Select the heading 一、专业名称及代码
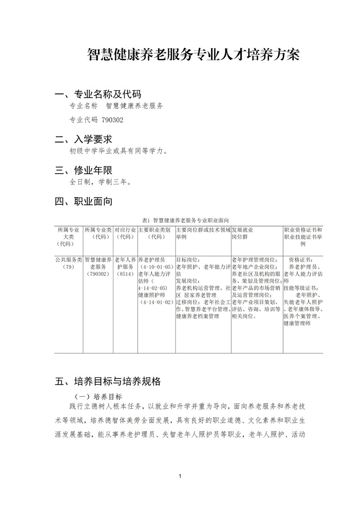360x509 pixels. [98, 95]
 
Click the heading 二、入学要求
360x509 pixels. [83, 139]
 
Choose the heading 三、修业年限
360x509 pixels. [83, 171]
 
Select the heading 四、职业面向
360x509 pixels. [83, 202]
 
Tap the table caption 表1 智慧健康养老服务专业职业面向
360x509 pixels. [185, 221]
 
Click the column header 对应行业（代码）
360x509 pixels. [125, 233]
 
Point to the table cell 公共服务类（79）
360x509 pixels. [68, 263]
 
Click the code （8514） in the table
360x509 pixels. [125, 274]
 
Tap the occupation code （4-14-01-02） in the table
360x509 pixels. [156, 302]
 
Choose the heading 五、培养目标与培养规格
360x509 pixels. [107, 382]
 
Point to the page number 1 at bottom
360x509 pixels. [180, 476]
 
